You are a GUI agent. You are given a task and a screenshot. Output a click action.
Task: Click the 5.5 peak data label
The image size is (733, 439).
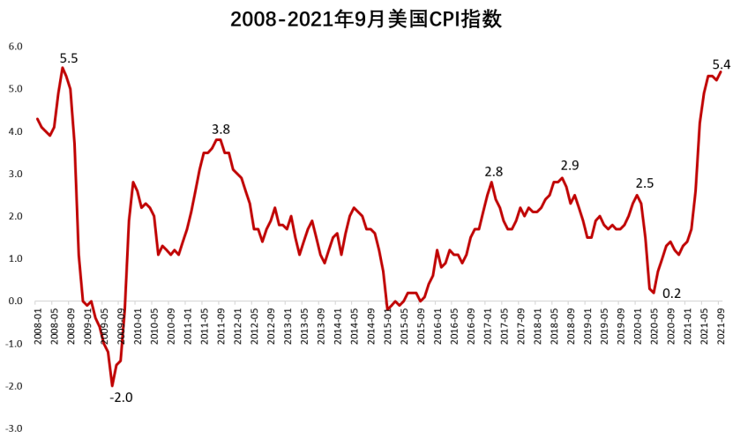(x=69, y=58)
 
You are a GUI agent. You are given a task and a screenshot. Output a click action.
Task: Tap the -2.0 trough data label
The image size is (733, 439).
(x=121, y=398)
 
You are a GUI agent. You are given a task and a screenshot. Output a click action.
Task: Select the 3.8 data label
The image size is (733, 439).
(x=221, y=130)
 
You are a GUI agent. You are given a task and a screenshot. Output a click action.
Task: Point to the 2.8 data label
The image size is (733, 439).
(x=493, y=172)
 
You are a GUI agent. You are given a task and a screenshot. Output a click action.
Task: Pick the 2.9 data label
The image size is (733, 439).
(x=570, y=165)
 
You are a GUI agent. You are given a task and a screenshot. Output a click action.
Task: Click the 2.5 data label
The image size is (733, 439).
(x=645, y=183)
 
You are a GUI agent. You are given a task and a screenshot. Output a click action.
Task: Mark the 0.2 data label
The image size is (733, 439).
(x=671, y=294)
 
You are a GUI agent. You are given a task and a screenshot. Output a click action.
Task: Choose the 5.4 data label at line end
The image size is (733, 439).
(x=721, y=64)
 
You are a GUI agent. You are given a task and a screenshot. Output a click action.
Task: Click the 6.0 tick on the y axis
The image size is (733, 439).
(x=15, y=46)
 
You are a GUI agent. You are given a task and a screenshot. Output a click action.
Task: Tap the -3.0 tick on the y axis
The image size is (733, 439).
(x=15, y=429)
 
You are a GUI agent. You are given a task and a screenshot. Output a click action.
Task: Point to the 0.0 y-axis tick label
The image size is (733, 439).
(x=15, y=301)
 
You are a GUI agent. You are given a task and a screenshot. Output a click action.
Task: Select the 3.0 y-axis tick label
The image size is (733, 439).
(x=15, y=174)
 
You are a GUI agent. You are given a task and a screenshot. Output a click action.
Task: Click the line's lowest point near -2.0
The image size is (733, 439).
(x=112, y=386)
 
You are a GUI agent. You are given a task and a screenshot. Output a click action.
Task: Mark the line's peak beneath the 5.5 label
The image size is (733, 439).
(x=62, y=68)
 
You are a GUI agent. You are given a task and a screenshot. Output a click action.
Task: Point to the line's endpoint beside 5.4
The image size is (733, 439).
(x=721, y=72)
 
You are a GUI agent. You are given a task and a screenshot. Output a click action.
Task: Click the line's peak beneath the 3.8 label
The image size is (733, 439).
(x=218, y=139)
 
